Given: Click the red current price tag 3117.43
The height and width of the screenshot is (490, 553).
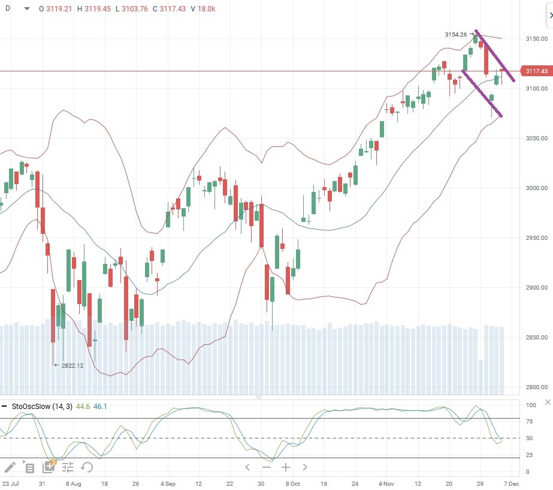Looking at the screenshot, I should coord(536,71).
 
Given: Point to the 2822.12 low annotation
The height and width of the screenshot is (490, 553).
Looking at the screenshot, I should coord(72,365).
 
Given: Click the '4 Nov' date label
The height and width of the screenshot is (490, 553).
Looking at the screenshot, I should coord(386,483).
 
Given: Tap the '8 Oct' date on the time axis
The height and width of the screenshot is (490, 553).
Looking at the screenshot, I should coord(292,483).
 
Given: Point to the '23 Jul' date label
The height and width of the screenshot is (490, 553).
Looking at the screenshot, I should coord(10,483).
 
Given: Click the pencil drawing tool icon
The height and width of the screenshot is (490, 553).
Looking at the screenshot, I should coord(10,467).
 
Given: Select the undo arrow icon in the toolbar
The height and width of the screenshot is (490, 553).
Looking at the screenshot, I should coord(87,467).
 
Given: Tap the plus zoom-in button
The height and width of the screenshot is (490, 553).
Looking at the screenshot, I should coord(286,467).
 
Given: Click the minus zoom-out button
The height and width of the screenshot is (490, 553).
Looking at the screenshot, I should coord(267,467).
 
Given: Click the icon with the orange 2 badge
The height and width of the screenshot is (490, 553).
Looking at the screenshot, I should coord(49,467).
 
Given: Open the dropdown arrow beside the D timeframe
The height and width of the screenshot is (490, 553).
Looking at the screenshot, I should coord(26,9).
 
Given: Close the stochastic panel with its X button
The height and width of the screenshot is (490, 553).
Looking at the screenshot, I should coord(547,402).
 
